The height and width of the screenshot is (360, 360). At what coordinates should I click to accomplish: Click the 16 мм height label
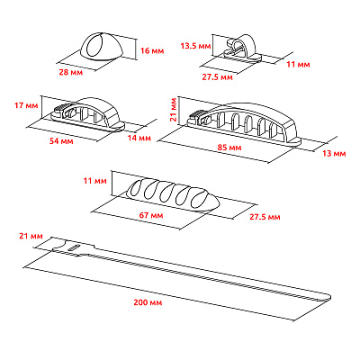point(152,50)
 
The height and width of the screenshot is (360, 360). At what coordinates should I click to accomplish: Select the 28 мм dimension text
point(71,72)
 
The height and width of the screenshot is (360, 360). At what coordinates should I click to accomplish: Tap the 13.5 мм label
point(195,46)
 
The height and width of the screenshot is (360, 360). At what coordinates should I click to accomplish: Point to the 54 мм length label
point(61,140)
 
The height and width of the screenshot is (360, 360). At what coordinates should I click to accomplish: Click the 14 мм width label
point(139,138)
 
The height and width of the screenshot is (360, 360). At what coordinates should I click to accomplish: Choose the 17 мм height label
point(26,105)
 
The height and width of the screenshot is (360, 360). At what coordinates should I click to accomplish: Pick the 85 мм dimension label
point(229,148)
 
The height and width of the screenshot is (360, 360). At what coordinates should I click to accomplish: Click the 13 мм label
point(334,154)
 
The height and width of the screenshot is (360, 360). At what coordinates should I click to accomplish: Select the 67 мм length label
point(151,215)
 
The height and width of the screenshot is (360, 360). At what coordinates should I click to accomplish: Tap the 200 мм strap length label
point(148,302)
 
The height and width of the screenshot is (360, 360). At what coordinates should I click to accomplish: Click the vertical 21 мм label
point(174,110)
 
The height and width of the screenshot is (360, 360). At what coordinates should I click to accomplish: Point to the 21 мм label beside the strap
point(31,236)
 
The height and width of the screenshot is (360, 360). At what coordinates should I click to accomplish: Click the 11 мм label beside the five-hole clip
point(95,181)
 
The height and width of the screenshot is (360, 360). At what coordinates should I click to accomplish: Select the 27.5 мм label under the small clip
point(217,77)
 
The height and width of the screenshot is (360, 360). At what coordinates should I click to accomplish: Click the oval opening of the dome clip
point(94,46)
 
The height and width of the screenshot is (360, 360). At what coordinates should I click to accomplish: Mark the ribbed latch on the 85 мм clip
point(195,114)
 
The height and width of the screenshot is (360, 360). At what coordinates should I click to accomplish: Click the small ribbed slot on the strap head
point(73,247)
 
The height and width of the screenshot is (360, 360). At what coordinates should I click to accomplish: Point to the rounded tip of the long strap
point(328,297)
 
